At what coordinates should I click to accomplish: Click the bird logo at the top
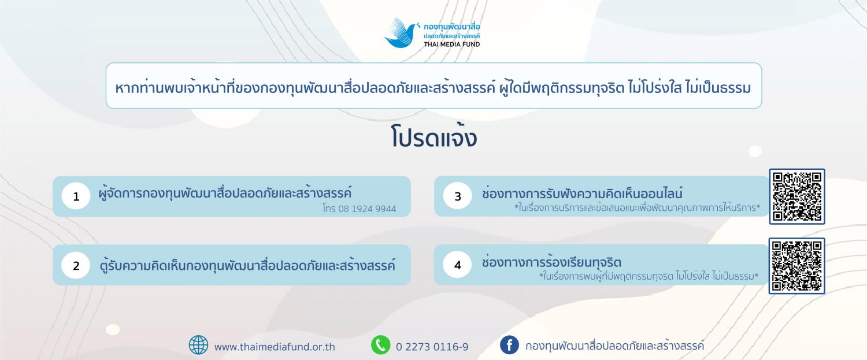tap(401, 33)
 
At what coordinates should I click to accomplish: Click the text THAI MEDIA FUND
tap(451, 44)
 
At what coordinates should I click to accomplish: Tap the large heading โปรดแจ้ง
tap(433, 136)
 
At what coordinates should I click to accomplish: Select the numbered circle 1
tap(76, 196)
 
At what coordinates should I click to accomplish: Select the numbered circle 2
tap(76, 265)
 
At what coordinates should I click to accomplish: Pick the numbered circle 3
tap(458, 196)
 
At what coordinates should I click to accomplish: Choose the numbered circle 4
tap(458, 265)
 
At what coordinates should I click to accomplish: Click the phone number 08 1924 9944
tap(367, 209)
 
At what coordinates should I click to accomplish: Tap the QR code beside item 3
tap(797, 196)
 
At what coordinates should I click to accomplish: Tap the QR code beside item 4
tap(797, 266)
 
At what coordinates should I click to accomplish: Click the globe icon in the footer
tap(199, 345)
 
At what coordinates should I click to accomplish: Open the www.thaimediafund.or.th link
tap(275, 347)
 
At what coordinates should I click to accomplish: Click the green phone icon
tap(381, 345)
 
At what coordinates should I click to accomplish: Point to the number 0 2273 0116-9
tap(432, 347)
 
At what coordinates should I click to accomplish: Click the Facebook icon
tap(509, 345)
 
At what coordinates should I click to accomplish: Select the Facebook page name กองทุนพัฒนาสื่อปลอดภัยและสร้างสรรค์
tap(614, 346)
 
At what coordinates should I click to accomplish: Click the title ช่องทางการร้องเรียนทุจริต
tap(551, 262)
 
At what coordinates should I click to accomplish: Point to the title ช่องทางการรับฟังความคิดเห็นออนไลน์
tap(582, 193)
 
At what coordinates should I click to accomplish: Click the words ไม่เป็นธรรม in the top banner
tap(718, 87)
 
